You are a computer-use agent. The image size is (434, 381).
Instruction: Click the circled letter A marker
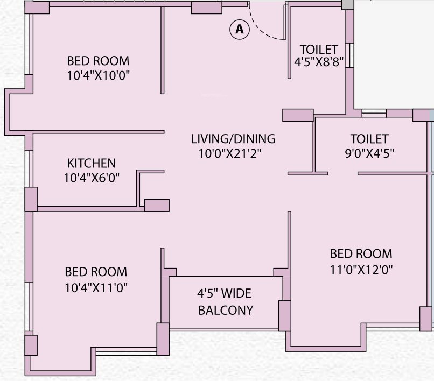[x=240, y=30]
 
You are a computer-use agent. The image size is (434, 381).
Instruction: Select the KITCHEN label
[x=92, y=163]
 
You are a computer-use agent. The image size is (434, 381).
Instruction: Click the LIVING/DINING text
[x=233, y=139]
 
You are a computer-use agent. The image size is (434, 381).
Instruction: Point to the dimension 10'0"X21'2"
[x=230, y=154]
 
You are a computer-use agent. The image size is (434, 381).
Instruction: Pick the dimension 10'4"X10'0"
[x=99, y=76]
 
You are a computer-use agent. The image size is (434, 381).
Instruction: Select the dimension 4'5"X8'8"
[x=319, y=62]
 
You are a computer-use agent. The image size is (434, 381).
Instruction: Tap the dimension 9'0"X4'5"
[x=369, y=154]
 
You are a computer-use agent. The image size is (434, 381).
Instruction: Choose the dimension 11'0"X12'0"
[x=361, y=269]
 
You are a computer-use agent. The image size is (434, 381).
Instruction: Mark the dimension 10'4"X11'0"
[x=96, y=287]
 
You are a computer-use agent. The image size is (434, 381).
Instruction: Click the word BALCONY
[x=225, y=311]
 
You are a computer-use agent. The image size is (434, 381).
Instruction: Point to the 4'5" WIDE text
[x=224, y=294]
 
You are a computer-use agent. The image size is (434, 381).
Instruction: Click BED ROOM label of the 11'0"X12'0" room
[x=361, y=253]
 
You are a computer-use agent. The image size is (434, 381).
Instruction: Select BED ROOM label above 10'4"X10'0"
[x=98, y=61]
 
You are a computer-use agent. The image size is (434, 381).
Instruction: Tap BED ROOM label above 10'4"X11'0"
[x=96, y=272]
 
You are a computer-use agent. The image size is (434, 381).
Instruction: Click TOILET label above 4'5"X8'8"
[x=319, y=50]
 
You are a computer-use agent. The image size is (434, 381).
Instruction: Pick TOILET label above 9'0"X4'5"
[x=369, y=139]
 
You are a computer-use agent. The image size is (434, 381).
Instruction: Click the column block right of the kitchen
[x=157, y=205]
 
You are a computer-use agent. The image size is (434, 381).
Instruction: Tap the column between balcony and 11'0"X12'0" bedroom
[x=284, y=315]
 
